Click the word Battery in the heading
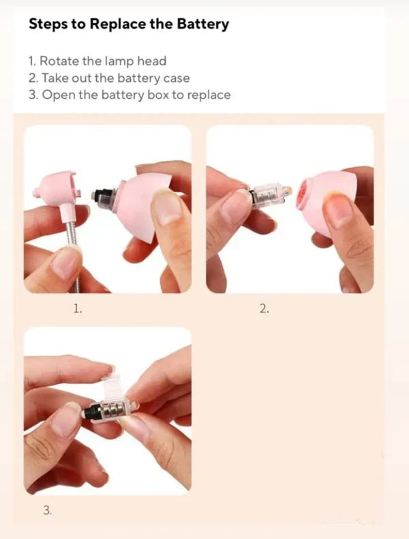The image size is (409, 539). click(x=202, y=25)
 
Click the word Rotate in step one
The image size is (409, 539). click(x=59, y=61)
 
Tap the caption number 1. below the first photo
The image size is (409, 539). click(x=78, y=308)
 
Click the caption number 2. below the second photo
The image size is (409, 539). click(x=264, y=309)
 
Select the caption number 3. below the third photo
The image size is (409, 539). click(x=48, y=510)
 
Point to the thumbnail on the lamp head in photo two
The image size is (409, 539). click(x=339, y=209)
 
